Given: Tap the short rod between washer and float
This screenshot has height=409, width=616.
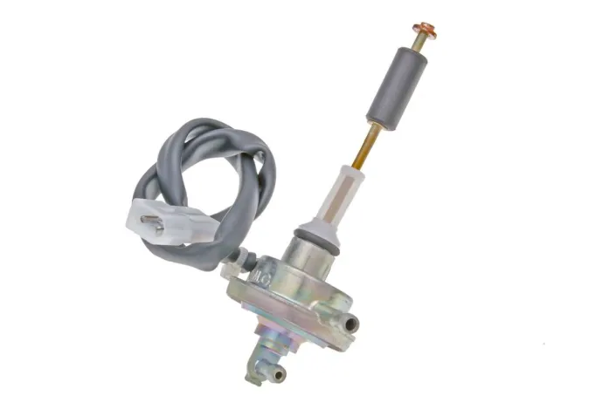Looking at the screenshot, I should [x=420, y=45].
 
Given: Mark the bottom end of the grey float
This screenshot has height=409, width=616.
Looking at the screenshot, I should [x=385, y=122].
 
